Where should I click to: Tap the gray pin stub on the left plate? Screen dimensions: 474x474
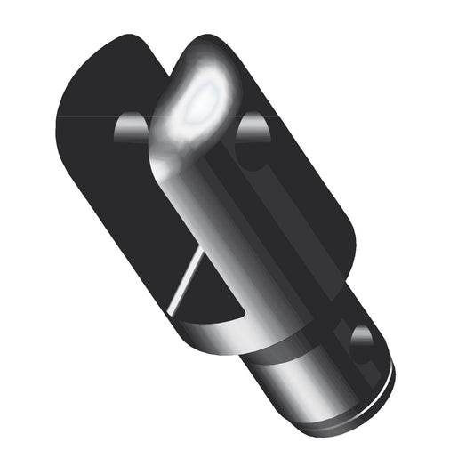click(132, 130)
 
